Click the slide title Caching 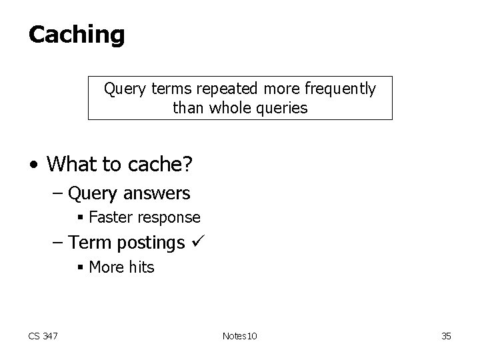click(x=76, y=35)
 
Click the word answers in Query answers click(x=158, y=194)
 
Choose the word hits click(x=140, y=267)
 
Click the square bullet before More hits click(x=80, y=268)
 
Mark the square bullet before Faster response click(x=80, y=218)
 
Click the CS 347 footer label click(x=43, y=336)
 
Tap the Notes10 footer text click(x=239, y=336)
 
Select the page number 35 click(x=446, y=336)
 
